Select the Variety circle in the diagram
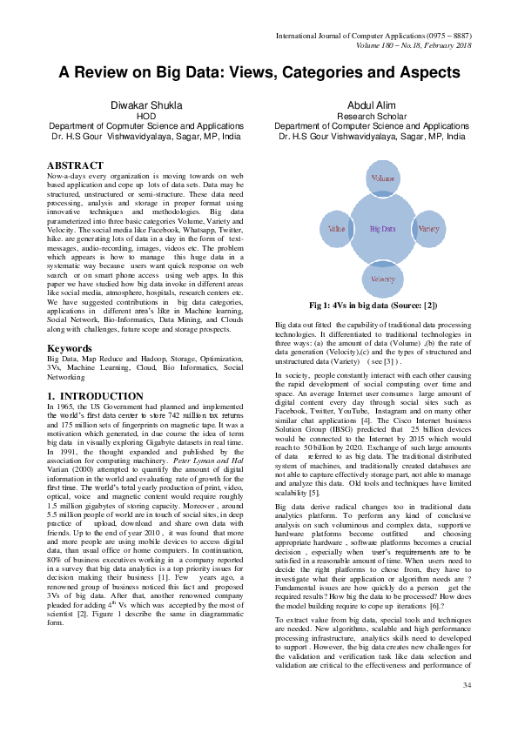click(428, 228)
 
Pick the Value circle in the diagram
click(336, 228)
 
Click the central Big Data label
click(383, 228)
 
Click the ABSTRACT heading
click(75, 165)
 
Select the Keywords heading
click(70, 348)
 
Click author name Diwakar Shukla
click(147, 104)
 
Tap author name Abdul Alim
click(370, 104)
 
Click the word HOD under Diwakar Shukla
click(147, 116)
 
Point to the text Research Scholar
click(370, 116)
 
